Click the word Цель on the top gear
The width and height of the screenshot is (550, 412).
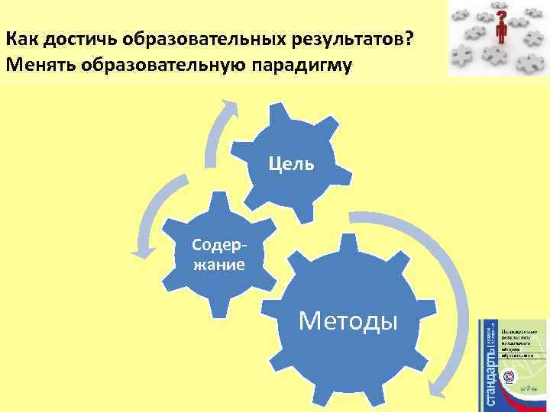291,163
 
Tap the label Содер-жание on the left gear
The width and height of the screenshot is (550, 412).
218,255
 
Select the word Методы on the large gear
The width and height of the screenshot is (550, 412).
348,320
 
